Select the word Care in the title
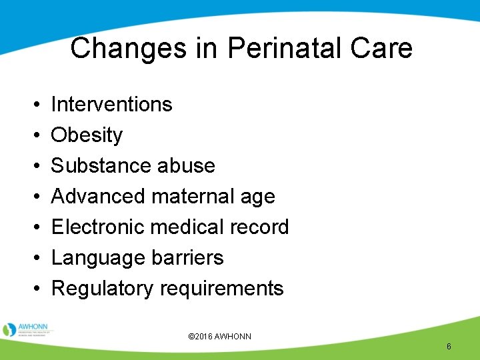(383, 49)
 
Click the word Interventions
(111, 105)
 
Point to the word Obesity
(87, 135)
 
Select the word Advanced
(99, 196)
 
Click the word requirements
(222, 289)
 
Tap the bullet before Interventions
(34, 105)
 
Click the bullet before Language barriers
(34, 258)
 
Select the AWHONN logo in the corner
(28, 329)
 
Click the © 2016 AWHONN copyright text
(221, 337)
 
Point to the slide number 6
(449, 346)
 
